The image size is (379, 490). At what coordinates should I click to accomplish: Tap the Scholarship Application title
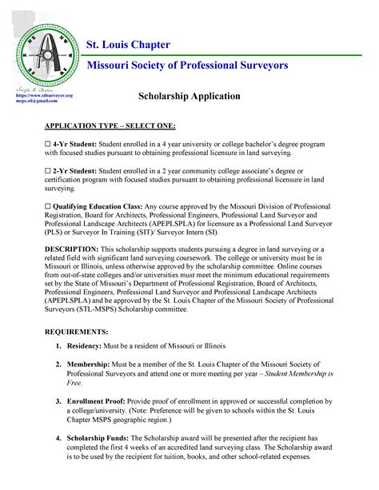[189, 96]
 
